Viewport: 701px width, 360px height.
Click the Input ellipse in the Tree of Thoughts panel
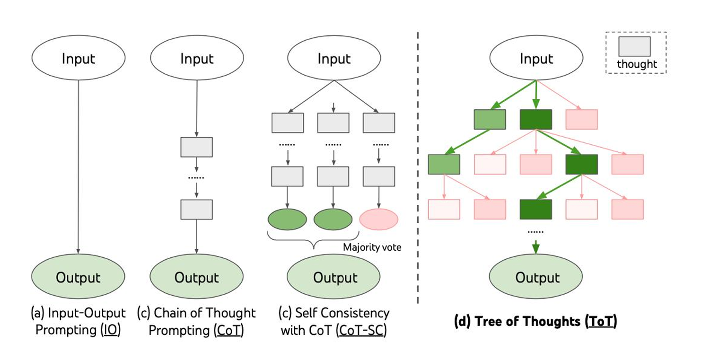tap(535, 59)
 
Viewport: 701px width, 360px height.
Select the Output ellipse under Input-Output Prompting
tap(78, 277)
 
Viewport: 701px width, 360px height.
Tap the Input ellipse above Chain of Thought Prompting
tap(197, 59)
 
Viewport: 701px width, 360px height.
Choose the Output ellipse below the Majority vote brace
tap(335, 277)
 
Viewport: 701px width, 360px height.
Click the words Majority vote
tap(372, 247)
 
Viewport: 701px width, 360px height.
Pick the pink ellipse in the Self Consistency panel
tap(379, 219)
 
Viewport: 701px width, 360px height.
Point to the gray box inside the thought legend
tap(634, 46)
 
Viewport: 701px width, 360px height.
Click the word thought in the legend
tap(637, 64)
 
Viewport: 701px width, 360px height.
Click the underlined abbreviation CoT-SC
tap(360, 330)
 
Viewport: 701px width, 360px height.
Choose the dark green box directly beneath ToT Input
tap(535, 119)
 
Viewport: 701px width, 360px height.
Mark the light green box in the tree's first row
tap(490, 119)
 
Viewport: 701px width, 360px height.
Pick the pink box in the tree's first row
tap(582, 119)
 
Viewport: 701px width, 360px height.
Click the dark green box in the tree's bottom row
tap(535, 209)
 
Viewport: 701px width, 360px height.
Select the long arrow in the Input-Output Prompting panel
tap(78, 166)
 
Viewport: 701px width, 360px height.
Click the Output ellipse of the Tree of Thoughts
tap(535, 277)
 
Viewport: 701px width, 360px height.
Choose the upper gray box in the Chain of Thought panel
tap(197, 147)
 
